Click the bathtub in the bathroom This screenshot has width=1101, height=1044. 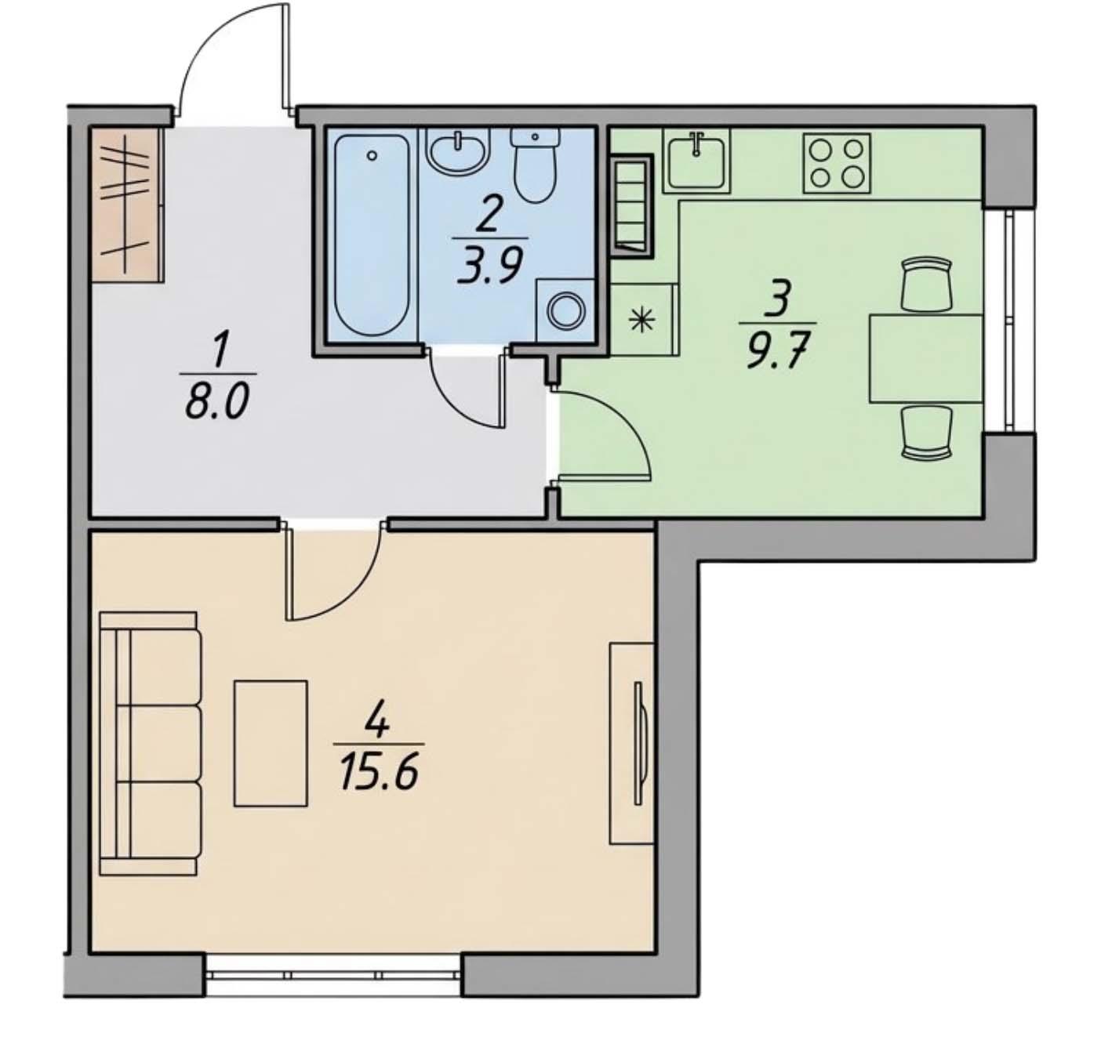[372, 235]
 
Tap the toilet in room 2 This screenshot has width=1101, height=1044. [535, 165]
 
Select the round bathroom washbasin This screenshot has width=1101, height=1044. [458, 152]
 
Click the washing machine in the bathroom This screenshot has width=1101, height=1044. [565, 310]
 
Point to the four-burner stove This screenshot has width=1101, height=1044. [837, 164]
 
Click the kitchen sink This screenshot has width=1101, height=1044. [696, 161]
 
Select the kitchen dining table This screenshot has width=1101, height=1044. [925, 358]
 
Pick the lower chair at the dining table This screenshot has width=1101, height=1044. [927, 433]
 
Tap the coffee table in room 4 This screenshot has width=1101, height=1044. [271, 743]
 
